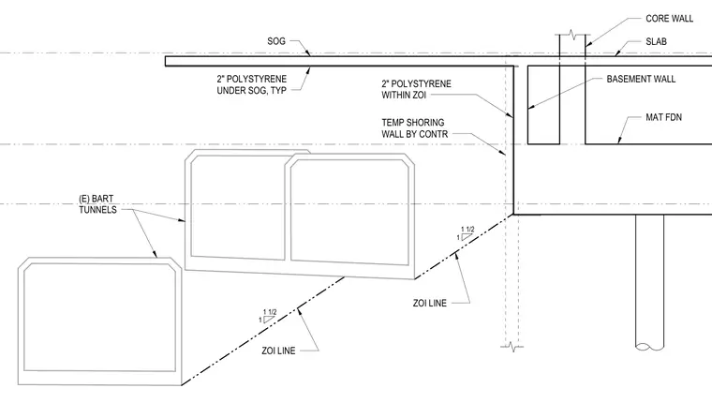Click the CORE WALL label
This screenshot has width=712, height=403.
point(669,19)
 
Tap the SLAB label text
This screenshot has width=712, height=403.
point(656,42)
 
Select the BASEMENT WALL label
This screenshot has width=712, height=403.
point(641,79)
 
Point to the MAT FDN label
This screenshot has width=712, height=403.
point(663,117)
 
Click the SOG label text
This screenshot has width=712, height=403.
point(276,41)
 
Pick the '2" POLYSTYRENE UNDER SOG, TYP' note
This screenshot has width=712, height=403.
point(252,84)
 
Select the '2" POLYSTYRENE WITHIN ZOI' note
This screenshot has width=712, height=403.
point(416,90)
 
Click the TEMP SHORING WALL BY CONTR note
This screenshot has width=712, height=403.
point(415,128)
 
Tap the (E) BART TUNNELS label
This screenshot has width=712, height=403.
point(97,204)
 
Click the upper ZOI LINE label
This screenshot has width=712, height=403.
point(430,303)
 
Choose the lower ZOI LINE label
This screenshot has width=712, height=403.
point(278,351)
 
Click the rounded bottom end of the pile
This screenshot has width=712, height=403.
point(649,346)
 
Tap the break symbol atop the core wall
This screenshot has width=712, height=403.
point(572,35)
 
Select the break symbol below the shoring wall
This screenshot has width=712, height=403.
point(512,347)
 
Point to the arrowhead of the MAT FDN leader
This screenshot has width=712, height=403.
point(619,140)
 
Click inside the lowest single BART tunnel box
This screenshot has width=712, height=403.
point(99,318)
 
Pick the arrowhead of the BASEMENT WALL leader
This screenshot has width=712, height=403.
point(531,107)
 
